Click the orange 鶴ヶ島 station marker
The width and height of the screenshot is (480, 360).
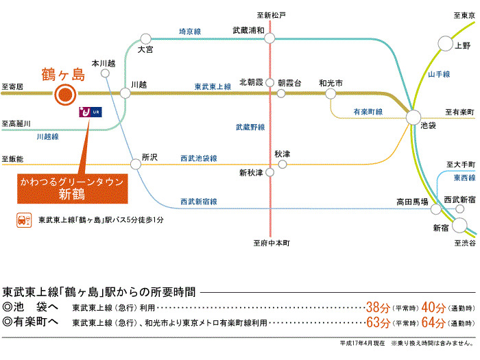tap(65, 95)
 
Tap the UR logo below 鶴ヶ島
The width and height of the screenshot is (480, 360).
tap(91, 112)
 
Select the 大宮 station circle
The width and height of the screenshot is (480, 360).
tap(145, 39)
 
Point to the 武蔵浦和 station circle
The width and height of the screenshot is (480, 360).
tap(269, 38)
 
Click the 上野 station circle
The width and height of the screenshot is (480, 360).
tap(445, 43)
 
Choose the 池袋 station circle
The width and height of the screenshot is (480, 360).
tap(413, 117)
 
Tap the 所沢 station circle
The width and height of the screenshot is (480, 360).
tap(136, 164)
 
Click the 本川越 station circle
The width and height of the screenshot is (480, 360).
tap(105, 73)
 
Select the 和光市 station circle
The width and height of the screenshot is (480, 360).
tap(331, 94)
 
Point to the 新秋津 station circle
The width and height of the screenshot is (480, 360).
tap(269, 172)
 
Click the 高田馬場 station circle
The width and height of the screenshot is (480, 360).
tap(436, 209)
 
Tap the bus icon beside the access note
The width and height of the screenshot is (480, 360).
tap(24, 220)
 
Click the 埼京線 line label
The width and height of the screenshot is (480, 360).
tap(190, 32)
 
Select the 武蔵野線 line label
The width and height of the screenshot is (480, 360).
tap(250, 127)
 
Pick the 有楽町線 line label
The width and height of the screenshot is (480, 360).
tap(368, 112)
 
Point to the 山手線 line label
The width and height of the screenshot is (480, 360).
tap(439, 74)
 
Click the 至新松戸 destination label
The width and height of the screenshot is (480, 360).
tap(272, 15)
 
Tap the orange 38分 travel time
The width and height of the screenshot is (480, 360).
tap(378, 307)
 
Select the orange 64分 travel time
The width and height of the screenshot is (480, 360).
tap(433, 322)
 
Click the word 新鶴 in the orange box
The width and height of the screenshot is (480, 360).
tap(72, 194)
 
